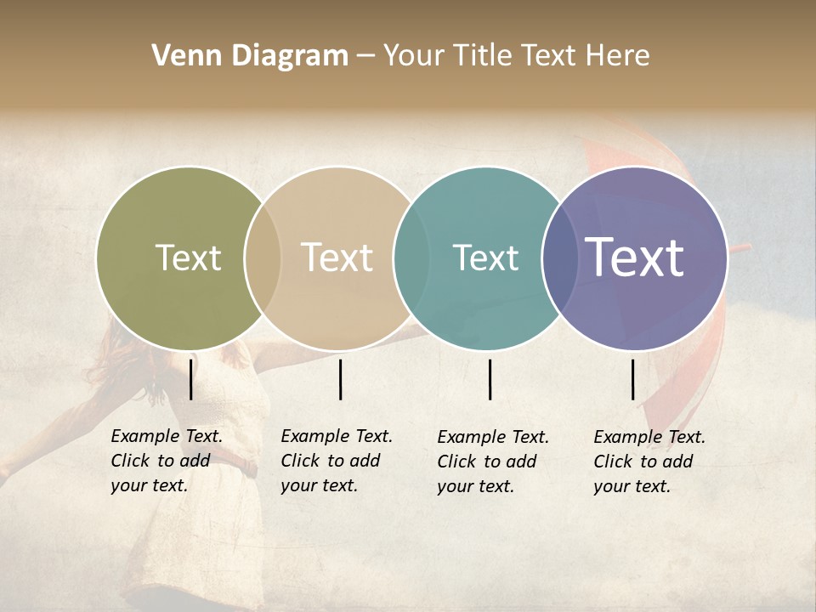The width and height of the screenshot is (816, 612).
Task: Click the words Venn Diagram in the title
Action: pyautogui.click(x=250, y=56)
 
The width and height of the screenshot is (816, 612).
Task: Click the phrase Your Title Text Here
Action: pyautogui.click(x=517, y=56)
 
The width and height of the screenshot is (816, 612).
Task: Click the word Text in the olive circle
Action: pyautogui.click(x=188, y=258)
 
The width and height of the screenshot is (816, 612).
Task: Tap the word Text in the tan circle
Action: pyautogui.click(x=337, y=258)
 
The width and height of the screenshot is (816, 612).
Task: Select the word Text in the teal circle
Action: pyautogui.click(x=485, y=258)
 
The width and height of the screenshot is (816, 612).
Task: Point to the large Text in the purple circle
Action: pyautogui.click(x=635, y=258)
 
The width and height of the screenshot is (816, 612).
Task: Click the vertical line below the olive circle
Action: pyautogui.click(x=191, y=379)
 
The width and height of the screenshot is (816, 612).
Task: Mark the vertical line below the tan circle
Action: pyautogui.click(x=340, y=379)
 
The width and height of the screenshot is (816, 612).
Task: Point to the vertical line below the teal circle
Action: pyautogui.click(x=490, y=379)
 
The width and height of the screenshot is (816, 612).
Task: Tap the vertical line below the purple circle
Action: pyautogui.click(x=633, y=379)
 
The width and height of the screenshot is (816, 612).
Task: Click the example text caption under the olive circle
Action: pyautogui.click(x=167, y=461)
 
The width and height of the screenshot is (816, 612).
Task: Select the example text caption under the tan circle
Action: pyautogui.click(x=337, y=461)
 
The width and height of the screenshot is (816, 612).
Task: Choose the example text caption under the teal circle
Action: pyautogui.click(x=493, y=462)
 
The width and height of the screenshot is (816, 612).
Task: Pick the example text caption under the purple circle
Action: pyautogui.click(x=649, y=462)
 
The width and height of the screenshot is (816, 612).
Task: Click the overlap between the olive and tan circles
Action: pyautogui.click(x=263, y=258)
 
